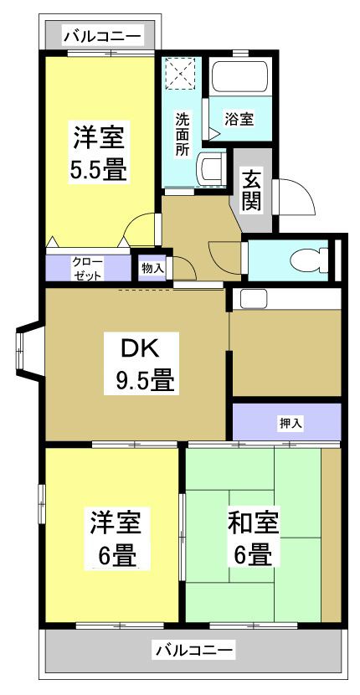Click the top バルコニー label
point(102,36)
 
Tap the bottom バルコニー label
point(194,649)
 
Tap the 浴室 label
point(239,119)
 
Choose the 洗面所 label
point(182,134)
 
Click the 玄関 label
point(252,189)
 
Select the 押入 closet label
point(291,423)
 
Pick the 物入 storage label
point(152,268)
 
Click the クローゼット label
point(87,268)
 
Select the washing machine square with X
point(180,72)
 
